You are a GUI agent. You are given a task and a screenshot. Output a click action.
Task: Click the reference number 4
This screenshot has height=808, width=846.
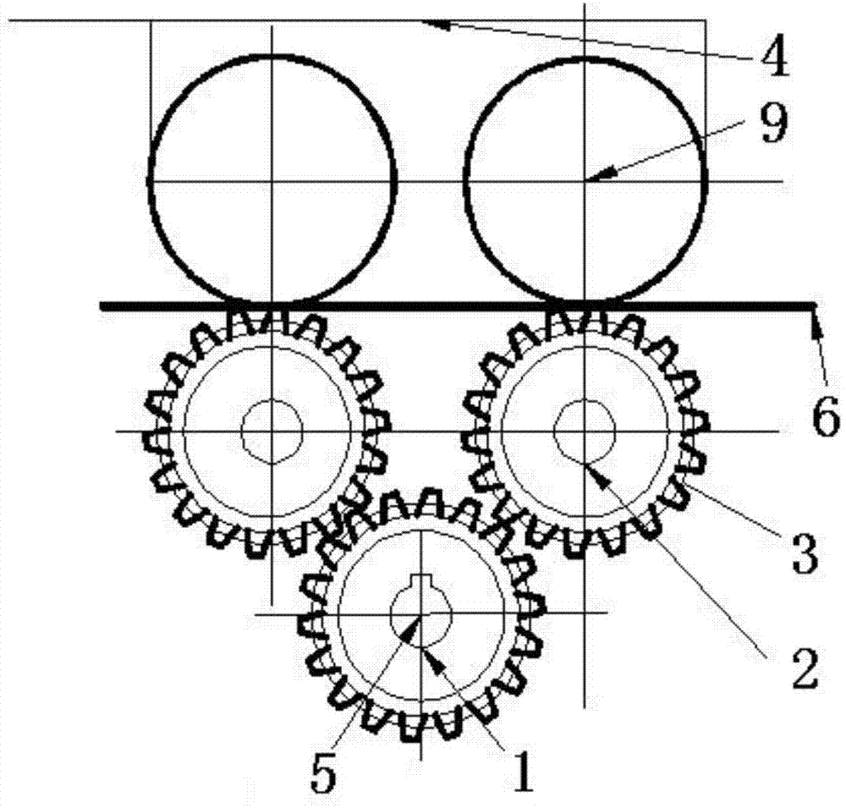click(x=774, y=59)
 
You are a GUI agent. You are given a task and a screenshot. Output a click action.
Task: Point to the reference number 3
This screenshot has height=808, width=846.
click(x=805, y=554)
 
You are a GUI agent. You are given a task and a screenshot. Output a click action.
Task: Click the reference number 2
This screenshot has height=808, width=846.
click(x=805, y=668)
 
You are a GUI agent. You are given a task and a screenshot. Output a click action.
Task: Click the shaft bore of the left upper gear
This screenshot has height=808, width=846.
click(x=272, y=431)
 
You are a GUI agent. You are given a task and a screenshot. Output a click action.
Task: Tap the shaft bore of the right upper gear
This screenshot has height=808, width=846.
click(x=585, y=430)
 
